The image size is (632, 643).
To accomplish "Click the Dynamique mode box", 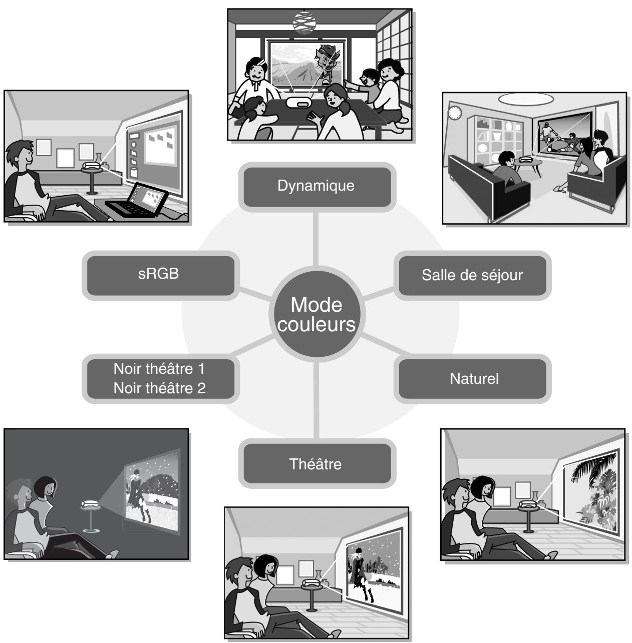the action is point(317,187).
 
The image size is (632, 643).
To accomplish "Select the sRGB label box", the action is point(160,275).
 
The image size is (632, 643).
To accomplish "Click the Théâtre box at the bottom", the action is point(317,464).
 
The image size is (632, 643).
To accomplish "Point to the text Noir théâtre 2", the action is point(160,388).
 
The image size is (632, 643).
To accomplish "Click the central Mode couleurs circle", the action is point(317,314).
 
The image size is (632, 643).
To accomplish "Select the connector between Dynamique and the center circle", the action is point(315,239).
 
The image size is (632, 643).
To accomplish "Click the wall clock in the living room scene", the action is point(454,113).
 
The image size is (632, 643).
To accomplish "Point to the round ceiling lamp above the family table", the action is point(304,23).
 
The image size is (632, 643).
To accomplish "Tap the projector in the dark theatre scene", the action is point(90,503).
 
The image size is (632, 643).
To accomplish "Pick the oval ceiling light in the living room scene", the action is point(526,99).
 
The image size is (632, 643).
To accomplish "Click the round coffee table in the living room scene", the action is point(527,166).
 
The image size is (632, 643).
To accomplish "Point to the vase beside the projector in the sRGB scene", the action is point(98,160).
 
